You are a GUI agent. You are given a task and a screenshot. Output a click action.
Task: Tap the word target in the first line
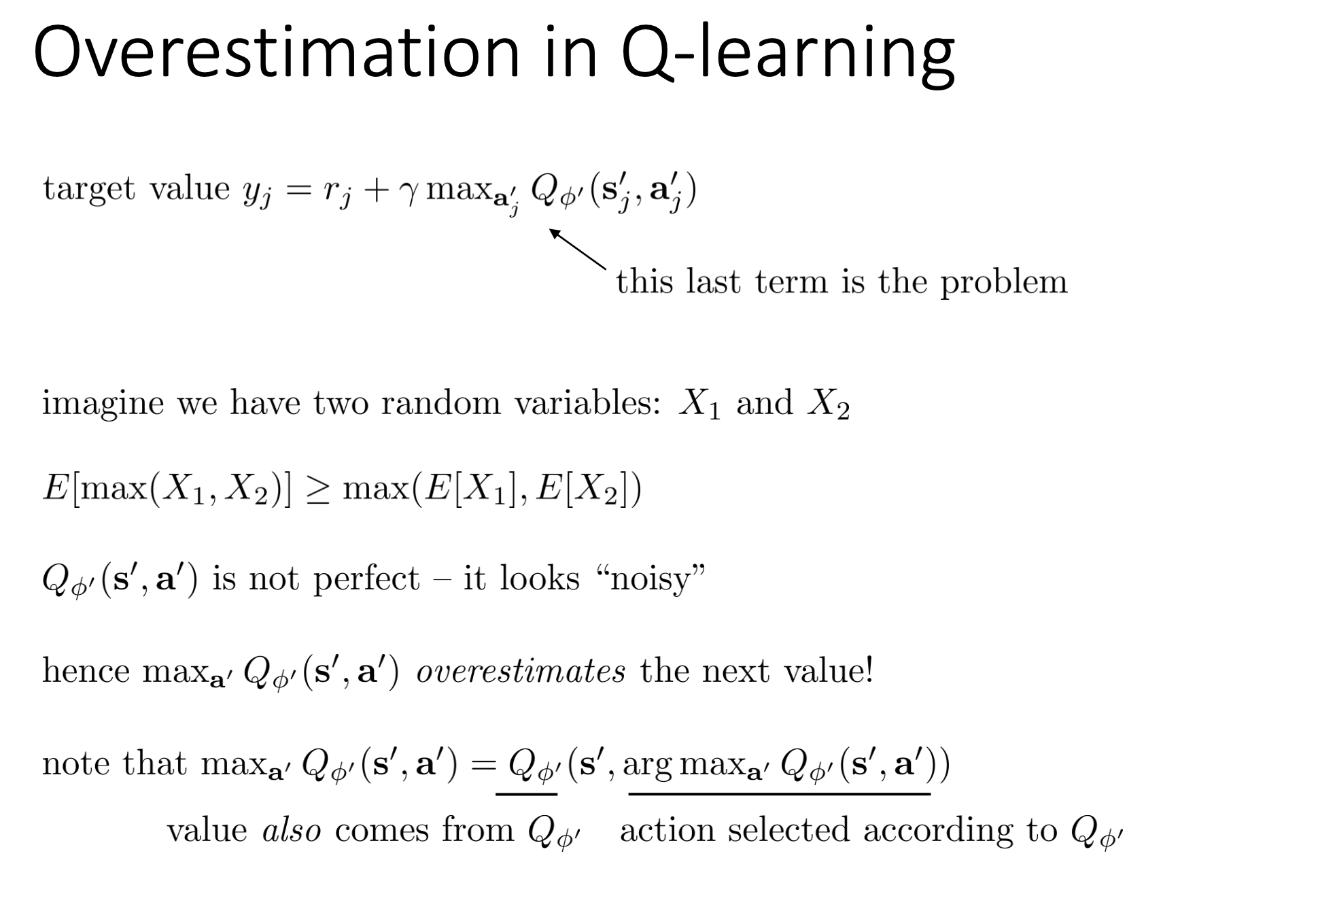[89, 189]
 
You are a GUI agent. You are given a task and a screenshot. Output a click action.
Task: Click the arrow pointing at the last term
[577, 250]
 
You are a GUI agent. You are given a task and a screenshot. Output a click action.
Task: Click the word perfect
[366, 580]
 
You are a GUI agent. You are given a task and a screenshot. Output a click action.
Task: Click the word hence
[86, 671]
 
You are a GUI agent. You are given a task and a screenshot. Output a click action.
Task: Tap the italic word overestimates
[521, 672]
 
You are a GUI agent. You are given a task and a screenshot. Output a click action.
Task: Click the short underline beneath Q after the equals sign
[527, 793]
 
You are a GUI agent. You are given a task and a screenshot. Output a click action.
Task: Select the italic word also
[292, 831]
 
